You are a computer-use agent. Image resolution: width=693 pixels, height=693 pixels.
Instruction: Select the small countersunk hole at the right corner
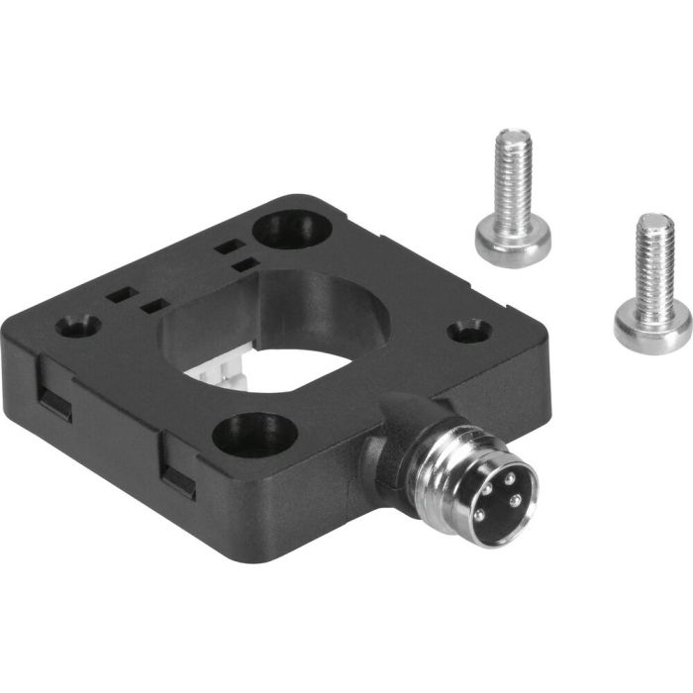click(x=469, y=330)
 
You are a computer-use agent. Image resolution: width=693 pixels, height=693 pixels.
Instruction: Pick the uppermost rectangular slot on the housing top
click(x=227, y=245)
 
